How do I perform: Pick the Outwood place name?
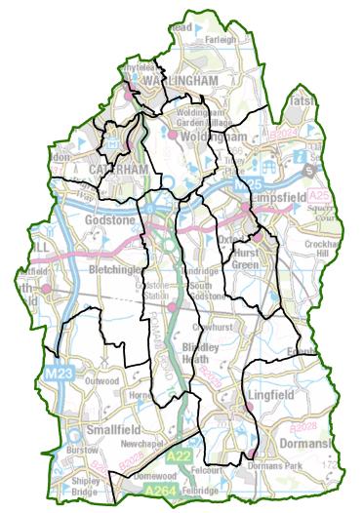101,380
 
